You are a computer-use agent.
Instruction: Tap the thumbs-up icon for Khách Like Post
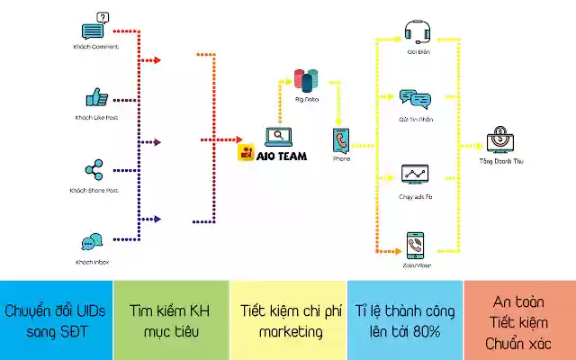click(94, 97)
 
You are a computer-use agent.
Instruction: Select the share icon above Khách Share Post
click(93, 168)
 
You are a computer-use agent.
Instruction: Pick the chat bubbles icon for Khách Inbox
click(92, 242)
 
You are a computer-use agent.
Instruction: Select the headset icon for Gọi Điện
click(415, 31)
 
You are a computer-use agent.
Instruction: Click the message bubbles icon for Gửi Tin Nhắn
click(414, 98)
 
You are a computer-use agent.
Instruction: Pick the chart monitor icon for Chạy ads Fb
click(414, 174)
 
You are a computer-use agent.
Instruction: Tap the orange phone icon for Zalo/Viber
click(415, 242)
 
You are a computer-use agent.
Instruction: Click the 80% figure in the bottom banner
click(425, 331)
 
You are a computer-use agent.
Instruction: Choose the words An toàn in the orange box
click(520, 301)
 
